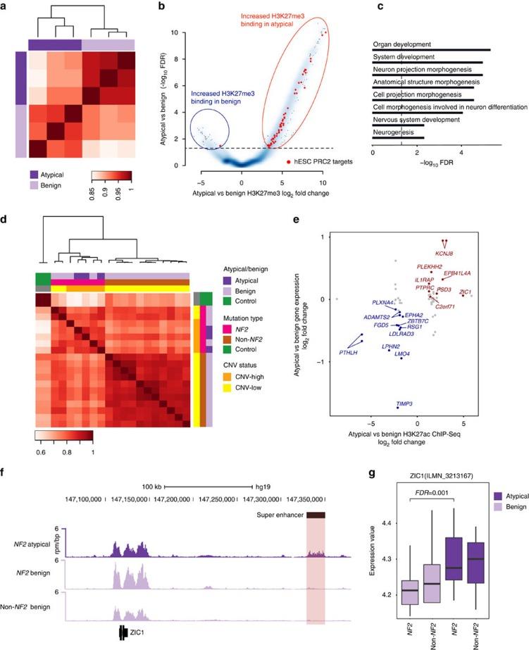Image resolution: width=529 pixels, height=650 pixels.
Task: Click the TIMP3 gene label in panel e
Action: (404, 404)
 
